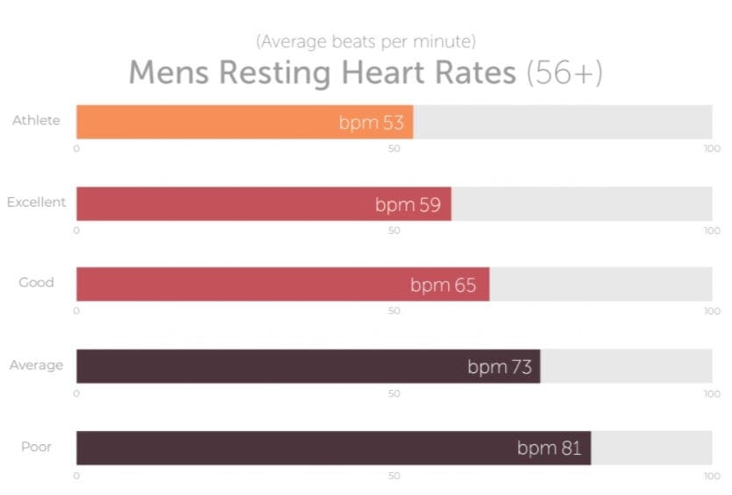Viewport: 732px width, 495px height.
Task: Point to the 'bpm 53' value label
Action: pyautogui.click(x=371, y=123)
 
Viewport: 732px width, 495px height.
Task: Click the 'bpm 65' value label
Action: pyautogui.click(x=444, y=286)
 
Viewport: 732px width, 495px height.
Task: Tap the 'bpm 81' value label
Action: pyautogui.click(x=549, y=449)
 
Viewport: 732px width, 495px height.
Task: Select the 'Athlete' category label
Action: pyautogui.click(x=36, y=120)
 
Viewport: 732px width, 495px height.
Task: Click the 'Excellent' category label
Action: pyautogui.click(x=36, y=202)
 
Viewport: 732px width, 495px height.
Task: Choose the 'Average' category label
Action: pyautogui.click(x=36, y=364)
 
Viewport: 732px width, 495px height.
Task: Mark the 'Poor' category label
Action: pyautogui.click(x=36, y=446)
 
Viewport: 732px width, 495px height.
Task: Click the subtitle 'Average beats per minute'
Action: pyautogui.click(x=366, y=41)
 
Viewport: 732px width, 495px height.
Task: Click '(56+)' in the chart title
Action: pyautogui.click(x=564, y=73)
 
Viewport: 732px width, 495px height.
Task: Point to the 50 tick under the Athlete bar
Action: pyautogui.click(x=394, y=148)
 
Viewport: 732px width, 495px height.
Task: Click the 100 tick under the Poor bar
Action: pyautogui.click(x=712, y=475)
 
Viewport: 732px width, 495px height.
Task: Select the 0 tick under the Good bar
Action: pyautogui.click(x=76, y=312)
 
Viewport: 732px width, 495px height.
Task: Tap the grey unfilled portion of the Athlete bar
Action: pyautogui.click(x=561, y=122)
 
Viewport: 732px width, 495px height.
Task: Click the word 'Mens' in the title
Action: pyautogui.click(x=169, y=73)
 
